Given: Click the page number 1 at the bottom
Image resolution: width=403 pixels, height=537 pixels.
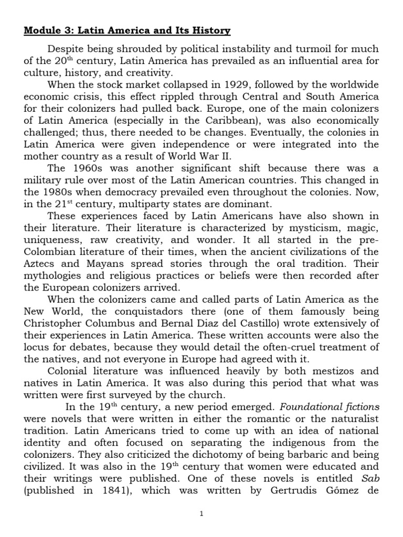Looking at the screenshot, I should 201,514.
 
